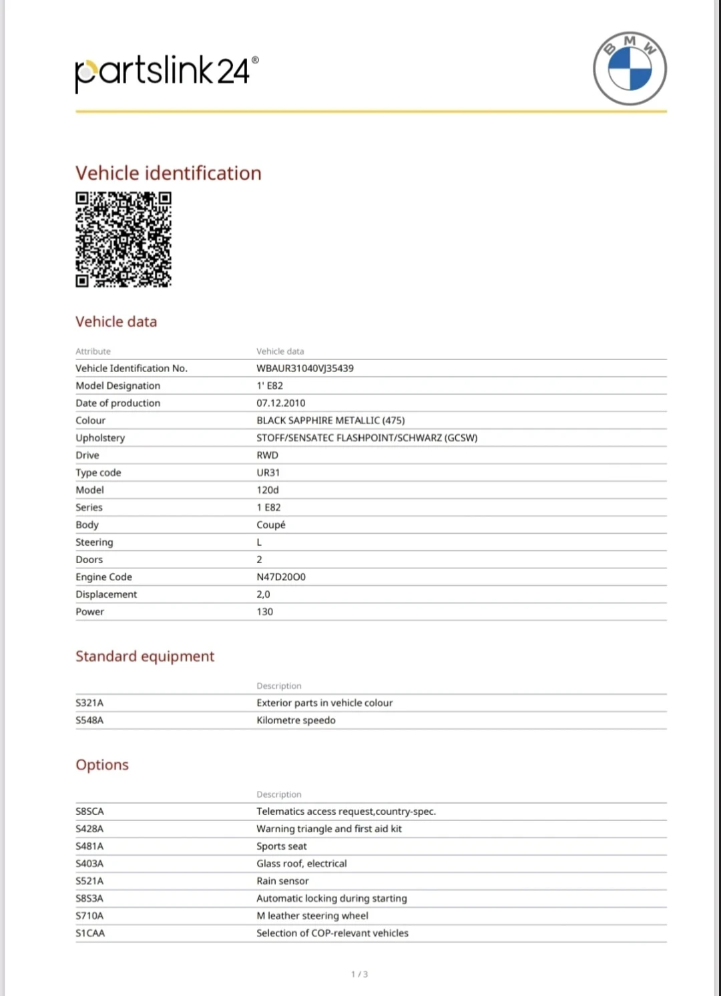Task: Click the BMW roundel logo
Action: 630,68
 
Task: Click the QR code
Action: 124,239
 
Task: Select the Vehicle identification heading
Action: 168,173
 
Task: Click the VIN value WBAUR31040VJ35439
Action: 305,368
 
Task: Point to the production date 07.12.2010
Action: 280,403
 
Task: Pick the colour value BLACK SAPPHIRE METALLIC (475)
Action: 330,420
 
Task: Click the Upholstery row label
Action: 100,438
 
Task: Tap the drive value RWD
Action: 267,455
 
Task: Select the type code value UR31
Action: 268,472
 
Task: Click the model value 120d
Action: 268,490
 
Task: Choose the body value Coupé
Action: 270,524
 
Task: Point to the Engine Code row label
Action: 103,576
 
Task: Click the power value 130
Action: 264,611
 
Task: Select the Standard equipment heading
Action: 145,656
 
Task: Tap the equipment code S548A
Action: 89,720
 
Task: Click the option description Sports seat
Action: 281,846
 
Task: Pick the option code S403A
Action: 89,863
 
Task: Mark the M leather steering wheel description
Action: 312,915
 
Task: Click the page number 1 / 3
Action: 359,974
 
